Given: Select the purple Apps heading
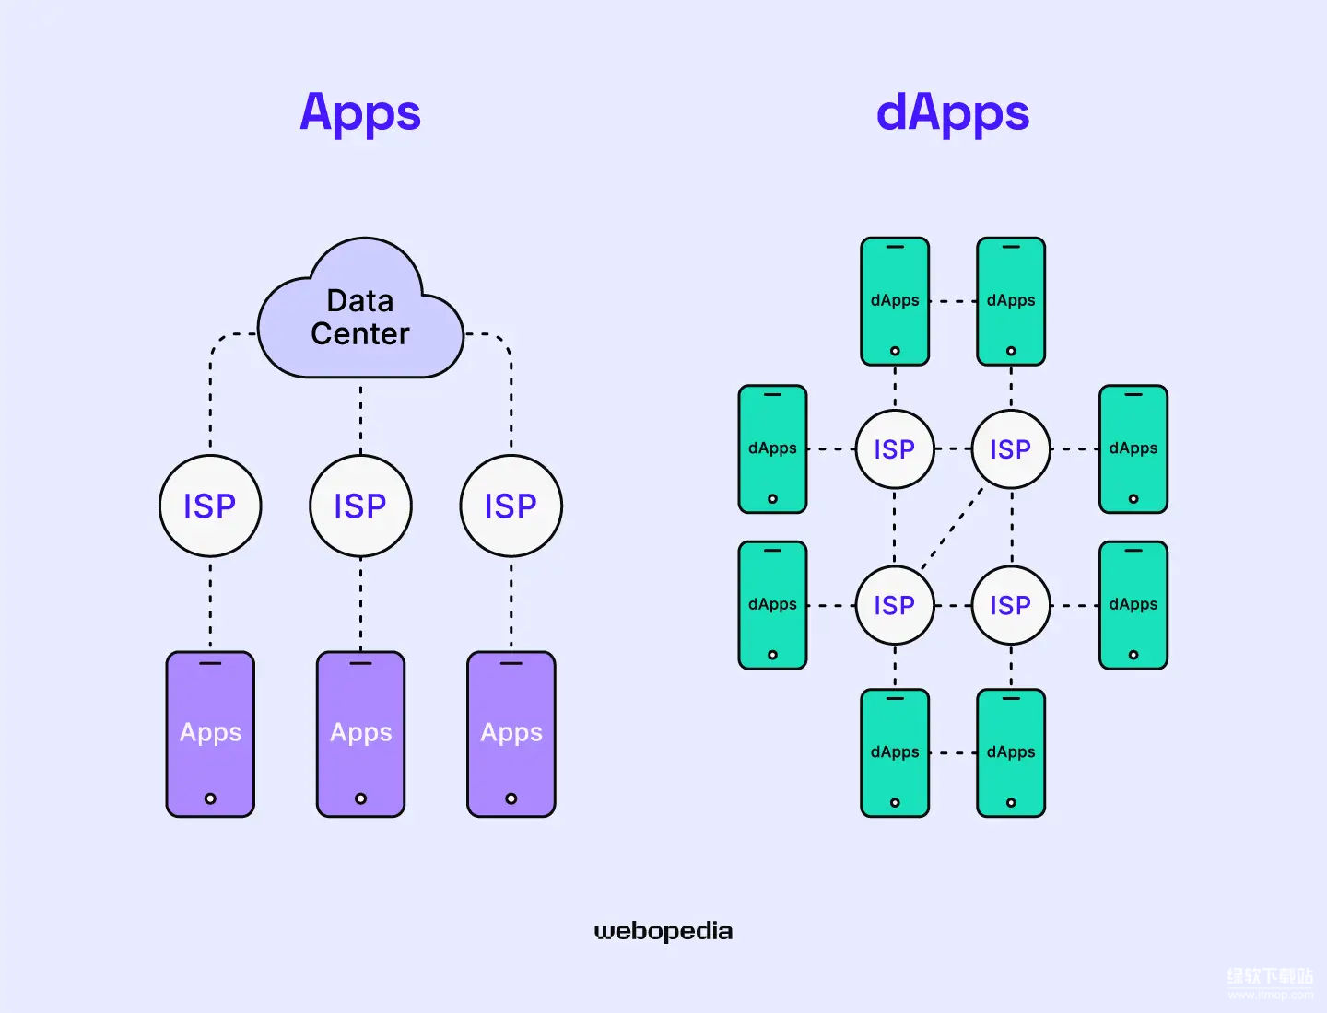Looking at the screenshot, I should point(360,113).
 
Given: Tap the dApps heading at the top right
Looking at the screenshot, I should point(952,113).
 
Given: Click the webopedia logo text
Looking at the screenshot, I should point(663,931).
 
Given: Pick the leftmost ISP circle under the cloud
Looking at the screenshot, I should point(210,506).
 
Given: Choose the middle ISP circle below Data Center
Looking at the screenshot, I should point(360,506).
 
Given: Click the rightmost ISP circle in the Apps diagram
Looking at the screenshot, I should point(511,506).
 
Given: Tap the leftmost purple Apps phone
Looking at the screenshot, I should point(210,733).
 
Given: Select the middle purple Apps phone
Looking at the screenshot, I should point(360,733).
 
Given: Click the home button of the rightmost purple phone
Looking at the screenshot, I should point(511,798).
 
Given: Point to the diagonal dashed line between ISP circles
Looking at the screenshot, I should point(952,528).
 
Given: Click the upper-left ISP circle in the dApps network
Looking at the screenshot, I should point(895,449).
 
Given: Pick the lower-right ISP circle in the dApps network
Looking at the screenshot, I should point(1011,605).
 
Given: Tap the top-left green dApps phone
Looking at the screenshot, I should point(895,301).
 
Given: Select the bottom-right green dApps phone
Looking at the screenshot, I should point(1011,752).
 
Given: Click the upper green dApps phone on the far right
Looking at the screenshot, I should point(1133,448).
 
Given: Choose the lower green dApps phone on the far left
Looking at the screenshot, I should point(772,605).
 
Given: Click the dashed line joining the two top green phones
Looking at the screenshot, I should point(953,301).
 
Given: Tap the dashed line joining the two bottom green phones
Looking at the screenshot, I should point(953,752).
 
